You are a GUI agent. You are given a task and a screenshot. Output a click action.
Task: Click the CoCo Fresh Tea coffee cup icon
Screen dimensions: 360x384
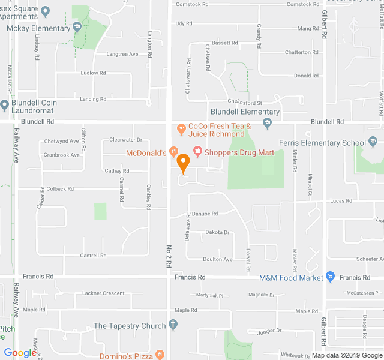(x=180, y=127)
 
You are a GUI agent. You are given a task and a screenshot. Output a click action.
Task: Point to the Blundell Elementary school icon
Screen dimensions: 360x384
(x=268, y=123)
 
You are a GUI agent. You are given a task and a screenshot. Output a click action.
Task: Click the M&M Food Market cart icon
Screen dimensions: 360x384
(x=331, y=277)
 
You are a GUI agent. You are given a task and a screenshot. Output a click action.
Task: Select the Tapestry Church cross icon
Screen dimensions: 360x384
(x=173, y=326)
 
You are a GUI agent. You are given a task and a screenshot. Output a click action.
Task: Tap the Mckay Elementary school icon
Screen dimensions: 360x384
(x=77, y=28)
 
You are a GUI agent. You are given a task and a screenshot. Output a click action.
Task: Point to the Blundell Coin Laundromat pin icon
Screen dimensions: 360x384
(x=4, y=106)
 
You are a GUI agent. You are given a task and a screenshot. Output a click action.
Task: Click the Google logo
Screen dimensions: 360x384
(x=20, y=353)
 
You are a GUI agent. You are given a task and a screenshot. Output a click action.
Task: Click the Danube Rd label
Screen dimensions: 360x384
(x=206, y=213)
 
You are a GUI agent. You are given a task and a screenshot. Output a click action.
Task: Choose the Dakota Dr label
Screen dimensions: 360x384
(x=217, y=232)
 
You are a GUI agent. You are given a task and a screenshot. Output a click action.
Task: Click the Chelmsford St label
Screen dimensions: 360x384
(x=244, y=103)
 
